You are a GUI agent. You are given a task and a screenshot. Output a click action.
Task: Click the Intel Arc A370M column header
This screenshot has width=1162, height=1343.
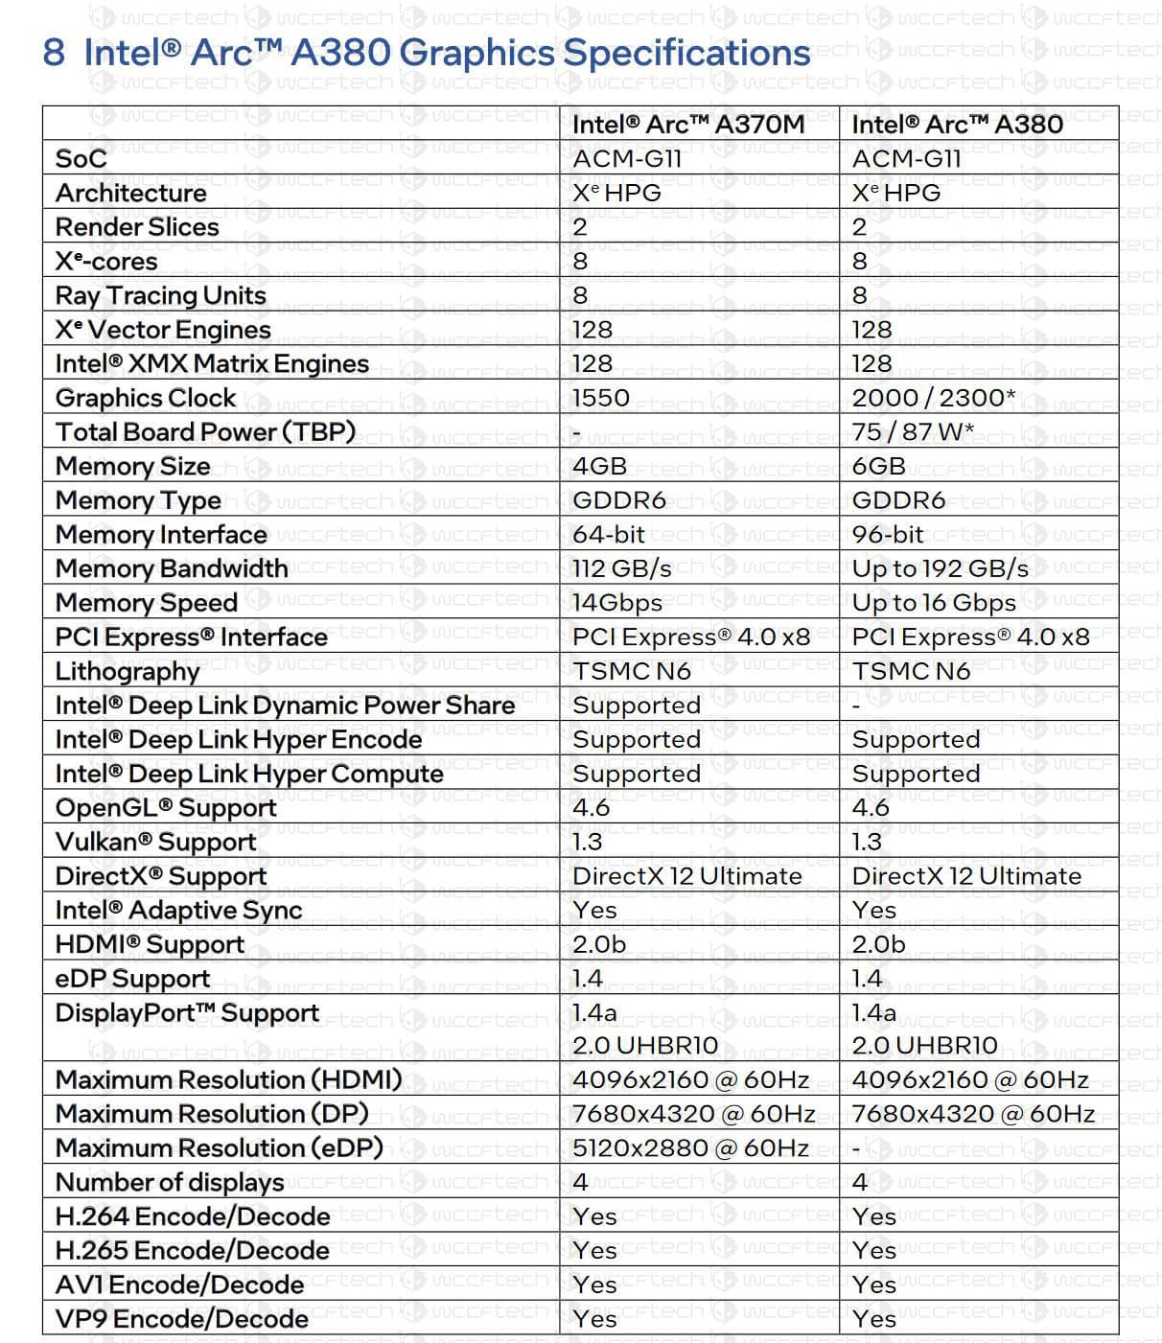coord(687,125)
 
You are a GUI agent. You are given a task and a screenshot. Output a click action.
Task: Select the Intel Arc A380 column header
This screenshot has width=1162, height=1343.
coord(956,125)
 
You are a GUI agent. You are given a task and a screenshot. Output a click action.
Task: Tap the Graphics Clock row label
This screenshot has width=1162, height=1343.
coord(146,398)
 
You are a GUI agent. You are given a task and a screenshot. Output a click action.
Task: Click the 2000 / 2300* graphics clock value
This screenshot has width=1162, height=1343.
coord(933,398)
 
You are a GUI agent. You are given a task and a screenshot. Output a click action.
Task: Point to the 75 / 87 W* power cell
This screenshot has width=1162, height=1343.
coord(912,432)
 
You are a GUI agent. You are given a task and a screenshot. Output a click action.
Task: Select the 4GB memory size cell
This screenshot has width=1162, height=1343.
coord(599,466)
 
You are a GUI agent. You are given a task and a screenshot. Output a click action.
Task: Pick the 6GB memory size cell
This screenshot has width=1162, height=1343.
coord(878,466)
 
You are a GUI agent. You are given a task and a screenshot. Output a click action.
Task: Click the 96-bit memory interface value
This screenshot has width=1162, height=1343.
coord(888,535)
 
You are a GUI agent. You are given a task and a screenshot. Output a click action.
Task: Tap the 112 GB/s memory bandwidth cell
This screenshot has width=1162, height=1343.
coord(621,568)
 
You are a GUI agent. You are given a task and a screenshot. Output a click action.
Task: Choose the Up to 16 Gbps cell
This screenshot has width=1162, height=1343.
coord(933,603)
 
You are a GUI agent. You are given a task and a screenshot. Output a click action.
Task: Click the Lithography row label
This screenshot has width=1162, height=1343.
coord(128,671)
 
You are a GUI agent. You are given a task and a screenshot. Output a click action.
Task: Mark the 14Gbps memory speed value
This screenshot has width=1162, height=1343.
coord(616,603)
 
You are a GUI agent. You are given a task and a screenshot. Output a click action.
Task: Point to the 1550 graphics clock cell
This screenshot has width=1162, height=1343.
coord(601,398)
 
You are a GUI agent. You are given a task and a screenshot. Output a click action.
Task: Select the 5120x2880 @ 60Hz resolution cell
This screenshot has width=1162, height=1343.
coord(690,1148)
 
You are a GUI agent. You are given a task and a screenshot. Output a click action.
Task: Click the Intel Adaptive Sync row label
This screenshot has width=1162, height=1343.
coord(178,911)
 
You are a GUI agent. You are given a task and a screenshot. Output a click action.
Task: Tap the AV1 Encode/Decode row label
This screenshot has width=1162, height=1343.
coord(179,1285)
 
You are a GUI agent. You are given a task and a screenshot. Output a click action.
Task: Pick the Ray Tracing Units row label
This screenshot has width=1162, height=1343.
coord(161,295)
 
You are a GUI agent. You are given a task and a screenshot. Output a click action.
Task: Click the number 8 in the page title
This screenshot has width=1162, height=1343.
coord(54,53)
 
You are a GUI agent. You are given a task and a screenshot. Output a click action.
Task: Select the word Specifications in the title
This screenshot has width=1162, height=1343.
coord(686,53)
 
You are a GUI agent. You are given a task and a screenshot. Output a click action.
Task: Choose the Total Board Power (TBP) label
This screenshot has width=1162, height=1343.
coord(205,432)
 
